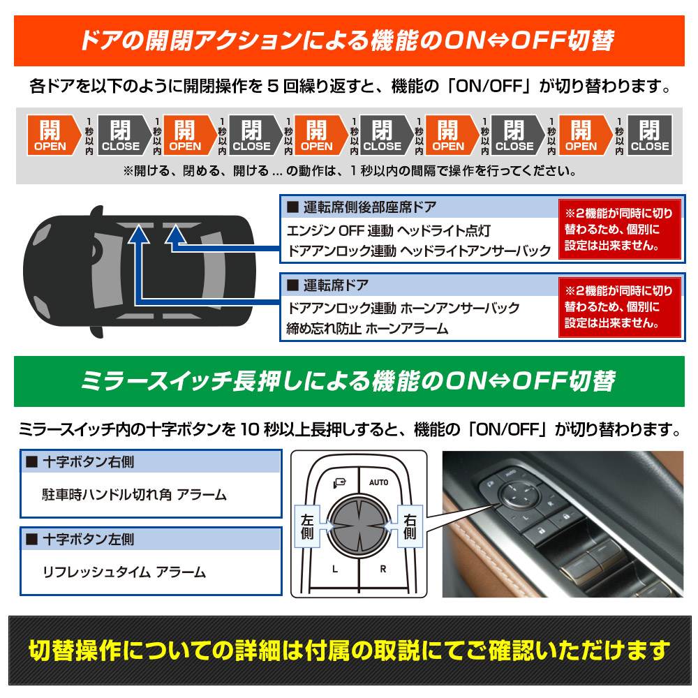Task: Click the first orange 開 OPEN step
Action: coord(53,135)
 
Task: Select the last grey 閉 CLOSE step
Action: coord(649,135)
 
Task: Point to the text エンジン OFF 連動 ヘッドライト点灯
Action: coord(389,230)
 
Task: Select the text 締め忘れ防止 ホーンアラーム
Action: coord(367,329)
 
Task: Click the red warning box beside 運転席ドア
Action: coord(620,307)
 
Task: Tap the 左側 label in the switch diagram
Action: coord(308,526)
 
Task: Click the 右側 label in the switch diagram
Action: coord(410,526)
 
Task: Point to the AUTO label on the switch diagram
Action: coord(379,482)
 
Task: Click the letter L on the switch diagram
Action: coord(335,569)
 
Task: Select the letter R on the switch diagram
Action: coord(383,569)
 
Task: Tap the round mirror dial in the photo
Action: coord(517,493)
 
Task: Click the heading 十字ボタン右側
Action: coord(88,462)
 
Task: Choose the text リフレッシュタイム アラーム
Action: coord(124,572)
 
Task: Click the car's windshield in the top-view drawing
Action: coord(107,271)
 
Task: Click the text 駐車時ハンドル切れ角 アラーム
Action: coord(135,495)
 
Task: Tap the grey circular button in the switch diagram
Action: coord(359,526)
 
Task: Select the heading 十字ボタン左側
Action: coord(88,540)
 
